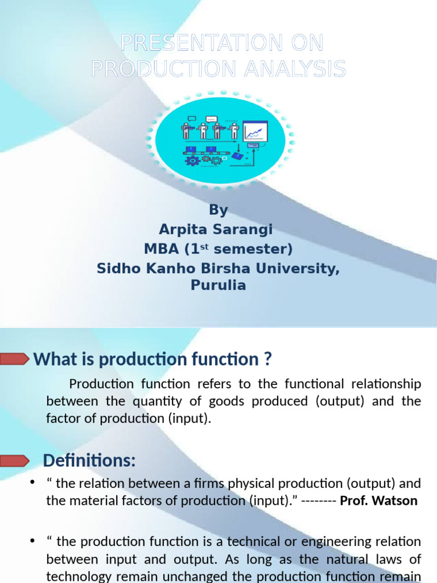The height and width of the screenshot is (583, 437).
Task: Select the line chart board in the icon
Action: coord(255,132)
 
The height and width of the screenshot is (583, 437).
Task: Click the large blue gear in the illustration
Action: coord(192,161)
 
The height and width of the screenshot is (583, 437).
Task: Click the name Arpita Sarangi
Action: coord(216,229)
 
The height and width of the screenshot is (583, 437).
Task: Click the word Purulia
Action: coord(218,285)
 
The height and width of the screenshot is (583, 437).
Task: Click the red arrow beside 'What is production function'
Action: coord(14,359)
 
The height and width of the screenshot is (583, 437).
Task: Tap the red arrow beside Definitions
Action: coord(14,459)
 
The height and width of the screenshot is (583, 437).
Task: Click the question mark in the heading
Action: coord(267,360)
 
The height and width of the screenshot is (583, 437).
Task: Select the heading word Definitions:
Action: coord(89,460)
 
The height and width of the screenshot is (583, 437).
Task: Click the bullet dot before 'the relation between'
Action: coord(32,483)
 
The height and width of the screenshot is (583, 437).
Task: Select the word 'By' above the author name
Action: coord(218,210)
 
